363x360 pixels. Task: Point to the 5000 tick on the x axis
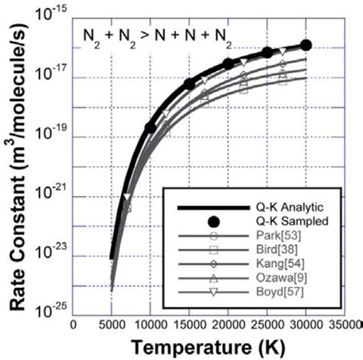tap(112, 324)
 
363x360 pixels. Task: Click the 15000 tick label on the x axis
tap(189, 324)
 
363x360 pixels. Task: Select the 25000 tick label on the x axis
tap(267, 324)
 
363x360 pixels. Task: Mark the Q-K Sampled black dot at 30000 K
tap(306, 46)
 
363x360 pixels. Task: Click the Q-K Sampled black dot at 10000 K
tap(151, 127)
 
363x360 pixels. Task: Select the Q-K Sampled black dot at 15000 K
tap(190, 83)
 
